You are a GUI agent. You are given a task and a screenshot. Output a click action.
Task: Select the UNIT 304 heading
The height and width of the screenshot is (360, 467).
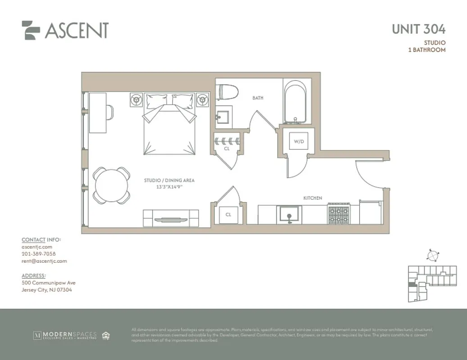(x=418, y=29)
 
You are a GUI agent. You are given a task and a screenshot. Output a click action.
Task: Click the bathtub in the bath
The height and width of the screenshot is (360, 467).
(x=295, y=102)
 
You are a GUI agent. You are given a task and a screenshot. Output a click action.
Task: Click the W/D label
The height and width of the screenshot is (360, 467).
(x=299, y=141)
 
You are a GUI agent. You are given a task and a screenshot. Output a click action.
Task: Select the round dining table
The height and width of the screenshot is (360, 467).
(x=111, y=185)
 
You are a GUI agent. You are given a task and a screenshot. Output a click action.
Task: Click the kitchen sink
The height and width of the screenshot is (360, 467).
(x=289, y=214)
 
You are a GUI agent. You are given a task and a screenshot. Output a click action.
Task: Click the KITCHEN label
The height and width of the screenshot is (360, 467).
(x=313, y=198)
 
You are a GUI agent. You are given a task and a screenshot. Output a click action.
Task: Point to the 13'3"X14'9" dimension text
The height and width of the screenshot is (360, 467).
(x=169, y=186)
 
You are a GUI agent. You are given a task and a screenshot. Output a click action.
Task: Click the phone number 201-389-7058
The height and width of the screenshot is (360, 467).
(x=39, y=254)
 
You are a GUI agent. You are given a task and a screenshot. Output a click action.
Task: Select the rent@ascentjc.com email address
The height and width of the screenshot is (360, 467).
(x=44, y=261)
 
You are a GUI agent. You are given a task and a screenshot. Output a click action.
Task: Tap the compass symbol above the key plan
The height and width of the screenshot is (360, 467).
(x=432, y=255)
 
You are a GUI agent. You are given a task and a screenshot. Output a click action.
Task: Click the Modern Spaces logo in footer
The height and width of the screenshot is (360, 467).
(x=64, y=335)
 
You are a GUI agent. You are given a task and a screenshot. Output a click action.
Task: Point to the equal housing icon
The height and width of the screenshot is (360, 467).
(x=106, y=335)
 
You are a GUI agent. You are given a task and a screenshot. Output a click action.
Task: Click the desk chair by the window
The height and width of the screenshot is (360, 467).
(x=109, y=112)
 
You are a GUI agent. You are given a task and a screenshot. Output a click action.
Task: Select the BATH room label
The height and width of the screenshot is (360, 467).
(x=258, y=98)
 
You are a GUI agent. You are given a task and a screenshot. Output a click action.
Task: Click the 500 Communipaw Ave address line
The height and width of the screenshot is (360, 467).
(x=49, y=283)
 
